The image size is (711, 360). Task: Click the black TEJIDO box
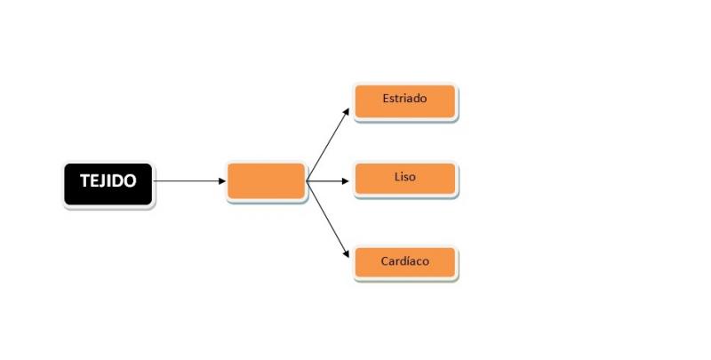108,184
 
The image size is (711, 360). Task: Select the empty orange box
266,181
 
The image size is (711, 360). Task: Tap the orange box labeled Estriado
405,101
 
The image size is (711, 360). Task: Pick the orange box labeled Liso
405,179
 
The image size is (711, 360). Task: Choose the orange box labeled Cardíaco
405,262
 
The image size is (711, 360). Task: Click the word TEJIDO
108,181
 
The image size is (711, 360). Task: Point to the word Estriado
404,99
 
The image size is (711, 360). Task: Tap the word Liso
405,177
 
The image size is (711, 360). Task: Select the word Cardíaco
405,261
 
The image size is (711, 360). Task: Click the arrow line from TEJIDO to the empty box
189,181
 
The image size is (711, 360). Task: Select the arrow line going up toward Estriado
328,145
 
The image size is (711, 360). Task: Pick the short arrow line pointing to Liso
328,181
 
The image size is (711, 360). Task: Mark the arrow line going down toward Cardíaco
328,220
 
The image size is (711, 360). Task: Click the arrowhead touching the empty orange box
222,181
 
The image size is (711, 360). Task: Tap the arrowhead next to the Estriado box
347,111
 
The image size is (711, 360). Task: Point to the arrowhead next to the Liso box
346,181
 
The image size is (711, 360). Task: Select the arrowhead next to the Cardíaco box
347,254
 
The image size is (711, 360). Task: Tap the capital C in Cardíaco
385,261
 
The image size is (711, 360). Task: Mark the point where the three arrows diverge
307,181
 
